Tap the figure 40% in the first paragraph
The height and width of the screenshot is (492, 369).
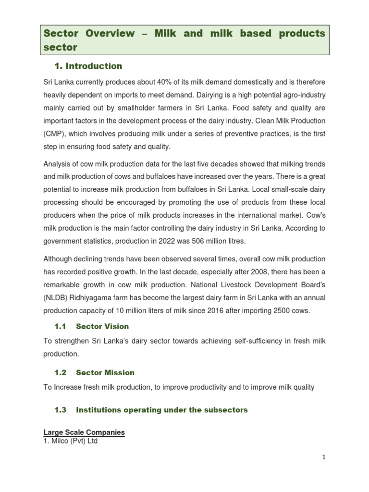click(150, 82)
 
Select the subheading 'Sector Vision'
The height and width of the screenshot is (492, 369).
click(102, 327)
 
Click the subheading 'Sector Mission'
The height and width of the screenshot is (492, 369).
click(105, 373)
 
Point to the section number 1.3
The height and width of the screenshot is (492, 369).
click(60, 410)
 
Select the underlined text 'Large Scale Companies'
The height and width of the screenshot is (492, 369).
click(84, 432)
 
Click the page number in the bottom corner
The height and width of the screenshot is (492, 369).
click(324, 457)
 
